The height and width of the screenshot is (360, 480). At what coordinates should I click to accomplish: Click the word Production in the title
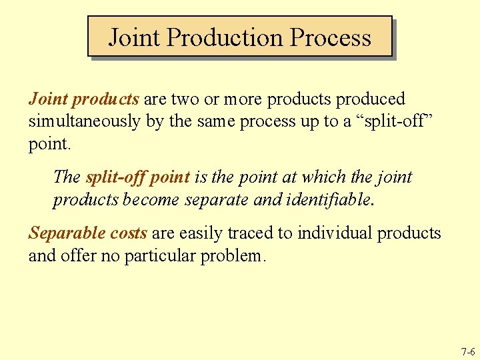point(223,37)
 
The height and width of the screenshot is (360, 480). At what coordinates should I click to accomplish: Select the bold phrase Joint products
point(83,99)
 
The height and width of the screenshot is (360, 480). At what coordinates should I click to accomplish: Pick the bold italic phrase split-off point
point(138,177)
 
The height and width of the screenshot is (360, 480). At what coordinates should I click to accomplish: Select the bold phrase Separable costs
point(87,233)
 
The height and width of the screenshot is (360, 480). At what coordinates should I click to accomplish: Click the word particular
point(163,255)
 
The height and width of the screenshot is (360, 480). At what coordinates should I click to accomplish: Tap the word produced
point(370,99)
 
